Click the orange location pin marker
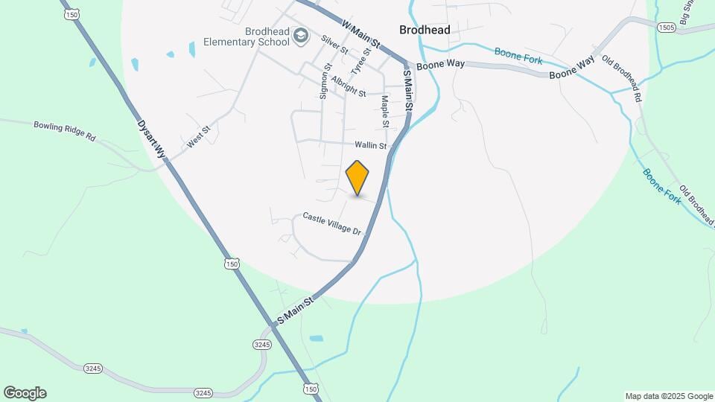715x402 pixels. (357, 177)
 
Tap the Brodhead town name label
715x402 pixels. (425, 30)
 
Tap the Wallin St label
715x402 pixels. (371, 145)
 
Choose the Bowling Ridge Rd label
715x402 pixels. (66, 131)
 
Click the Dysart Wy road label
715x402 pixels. (150, 139)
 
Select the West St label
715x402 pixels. (199, 136)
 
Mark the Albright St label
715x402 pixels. (349, 87)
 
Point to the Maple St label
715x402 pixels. (385, 110)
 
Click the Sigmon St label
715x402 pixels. (325, 81)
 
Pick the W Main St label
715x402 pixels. (360, 35)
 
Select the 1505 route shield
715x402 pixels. (666, 27)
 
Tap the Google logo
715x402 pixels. (25, 393)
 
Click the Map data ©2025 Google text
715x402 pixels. (668, 396)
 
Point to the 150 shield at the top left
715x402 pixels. (71, 14)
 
